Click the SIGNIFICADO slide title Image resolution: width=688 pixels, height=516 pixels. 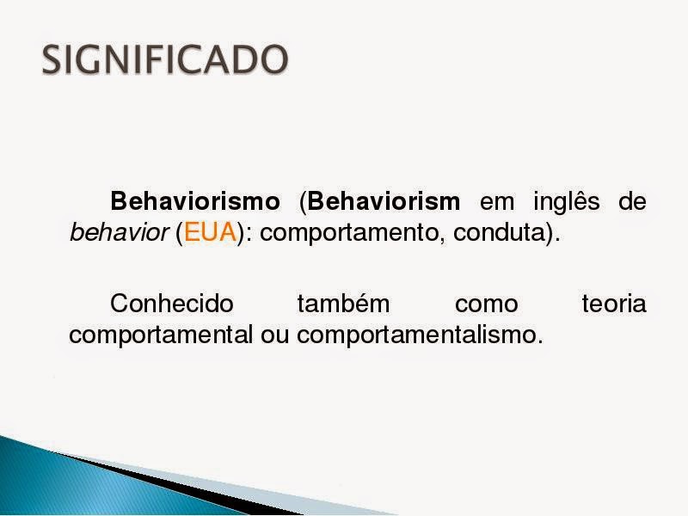point(165,59)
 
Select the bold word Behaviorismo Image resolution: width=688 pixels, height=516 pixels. point(195,203)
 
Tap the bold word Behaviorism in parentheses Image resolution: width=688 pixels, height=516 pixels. point(384,203)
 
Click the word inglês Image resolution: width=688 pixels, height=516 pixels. point(571,203)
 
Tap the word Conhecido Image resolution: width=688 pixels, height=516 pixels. point(172,304)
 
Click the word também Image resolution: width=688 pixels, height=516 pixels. point(343,304)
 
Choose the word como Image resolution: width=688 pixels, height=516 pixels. point(486,304)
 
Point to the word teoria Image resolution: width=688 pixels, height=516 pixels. point(614,304)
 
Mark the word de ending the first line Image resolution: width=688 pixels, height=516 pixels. point(632,203)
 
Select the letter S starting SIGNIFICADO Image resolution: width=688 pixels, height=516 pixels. point(53,59)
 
